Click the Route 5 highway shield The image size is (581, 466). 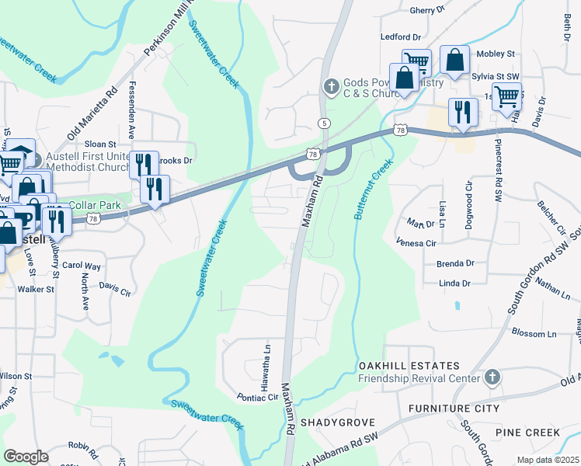324,123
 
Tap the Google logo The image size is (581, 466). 26,457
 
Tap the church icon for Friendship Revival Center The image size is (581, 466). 490,378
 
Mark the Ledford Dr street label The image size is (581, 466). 400,37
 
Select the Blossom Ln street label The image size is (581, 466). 535,332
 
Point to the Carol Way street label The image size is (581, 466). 81,266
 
